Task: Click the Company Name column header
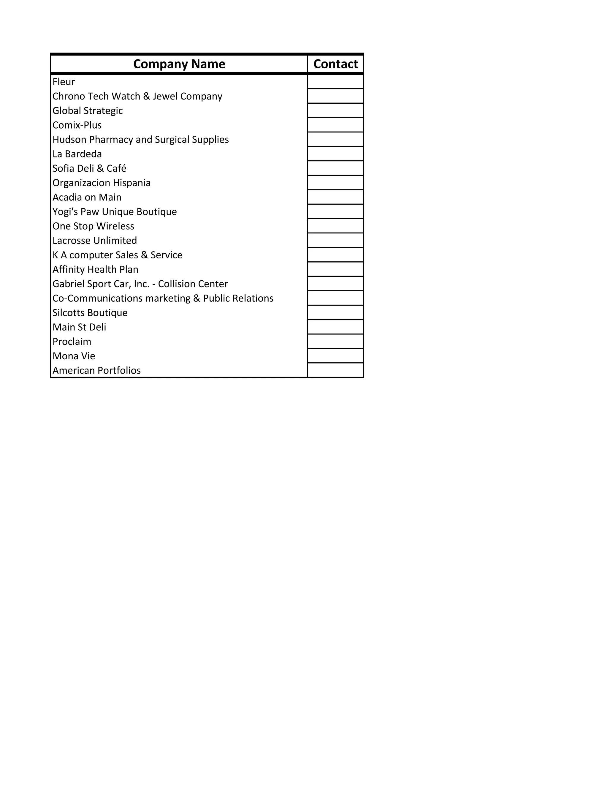[x=179, y=64]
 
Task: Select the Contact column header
[x=335, y=64]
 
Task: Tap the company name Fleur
[x=64, y=82]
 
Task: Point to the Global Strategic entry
[x=88, y=111]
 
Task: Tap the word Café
[x=116, y=168]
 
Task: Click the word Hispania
[x=132, y=183]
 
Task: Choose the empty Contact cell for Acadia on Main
[x=335, y=197]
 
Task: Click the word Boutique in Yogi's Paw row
[x=157, y=211]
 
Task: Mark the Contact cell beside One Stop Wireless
[x=335, y=226]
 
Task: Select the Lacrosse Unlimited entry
[x=95, y=240]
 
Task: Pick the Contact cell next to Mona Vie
[x=335, y=356]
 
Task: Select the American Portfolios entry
[x=96, y=370]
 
